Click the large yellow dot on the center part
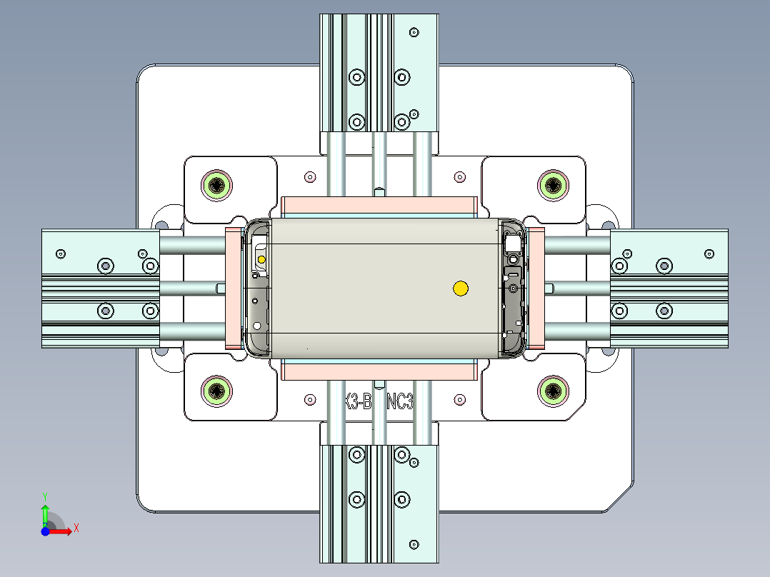(x=461, y=288)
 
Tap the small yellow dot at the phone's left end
(x=261, y=259)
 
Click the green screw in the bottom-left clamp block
(x=216, y=391)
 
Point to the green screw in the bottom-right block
(x=553, y=391)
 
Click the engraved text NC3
(x=401, y=402)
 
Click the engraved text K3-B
(x=356, y=402)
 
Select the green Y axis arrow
(x=44, y=510)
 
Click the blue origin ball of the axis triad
(x=45, y=531)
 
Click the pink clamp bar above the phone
(x=379, y=206)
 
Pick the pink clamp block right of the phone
(x=536, y=288)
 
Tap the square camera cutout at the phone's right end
(x=513, y=244)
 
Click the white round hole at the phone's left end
(x=256, y=326)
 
